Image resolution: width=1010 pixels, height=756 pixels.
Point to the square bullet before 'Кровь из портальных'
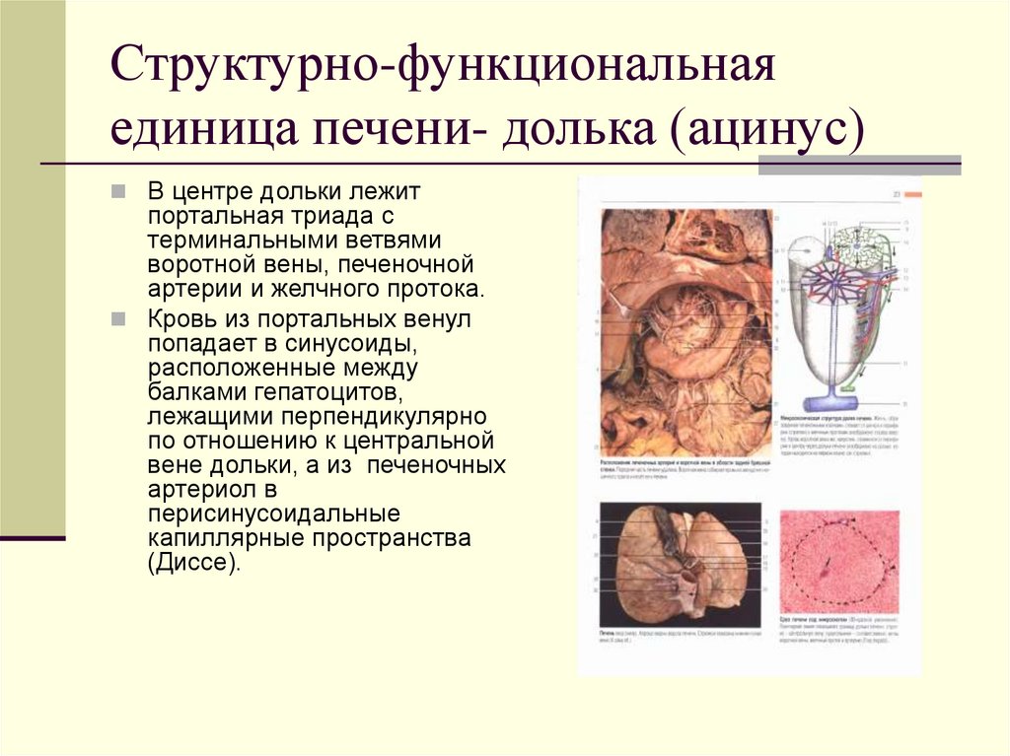pos(119,318)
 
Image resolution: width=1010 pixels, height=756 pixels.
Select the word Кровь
pos(180,318)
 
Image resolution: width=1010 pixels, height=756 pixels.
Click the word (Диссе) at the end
pos(193,565)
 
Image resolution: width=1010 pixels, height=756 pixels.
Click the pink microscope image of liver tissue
pos(839,562)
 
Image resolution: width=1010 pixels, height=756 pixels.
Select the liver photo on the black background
pos(681,563)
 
